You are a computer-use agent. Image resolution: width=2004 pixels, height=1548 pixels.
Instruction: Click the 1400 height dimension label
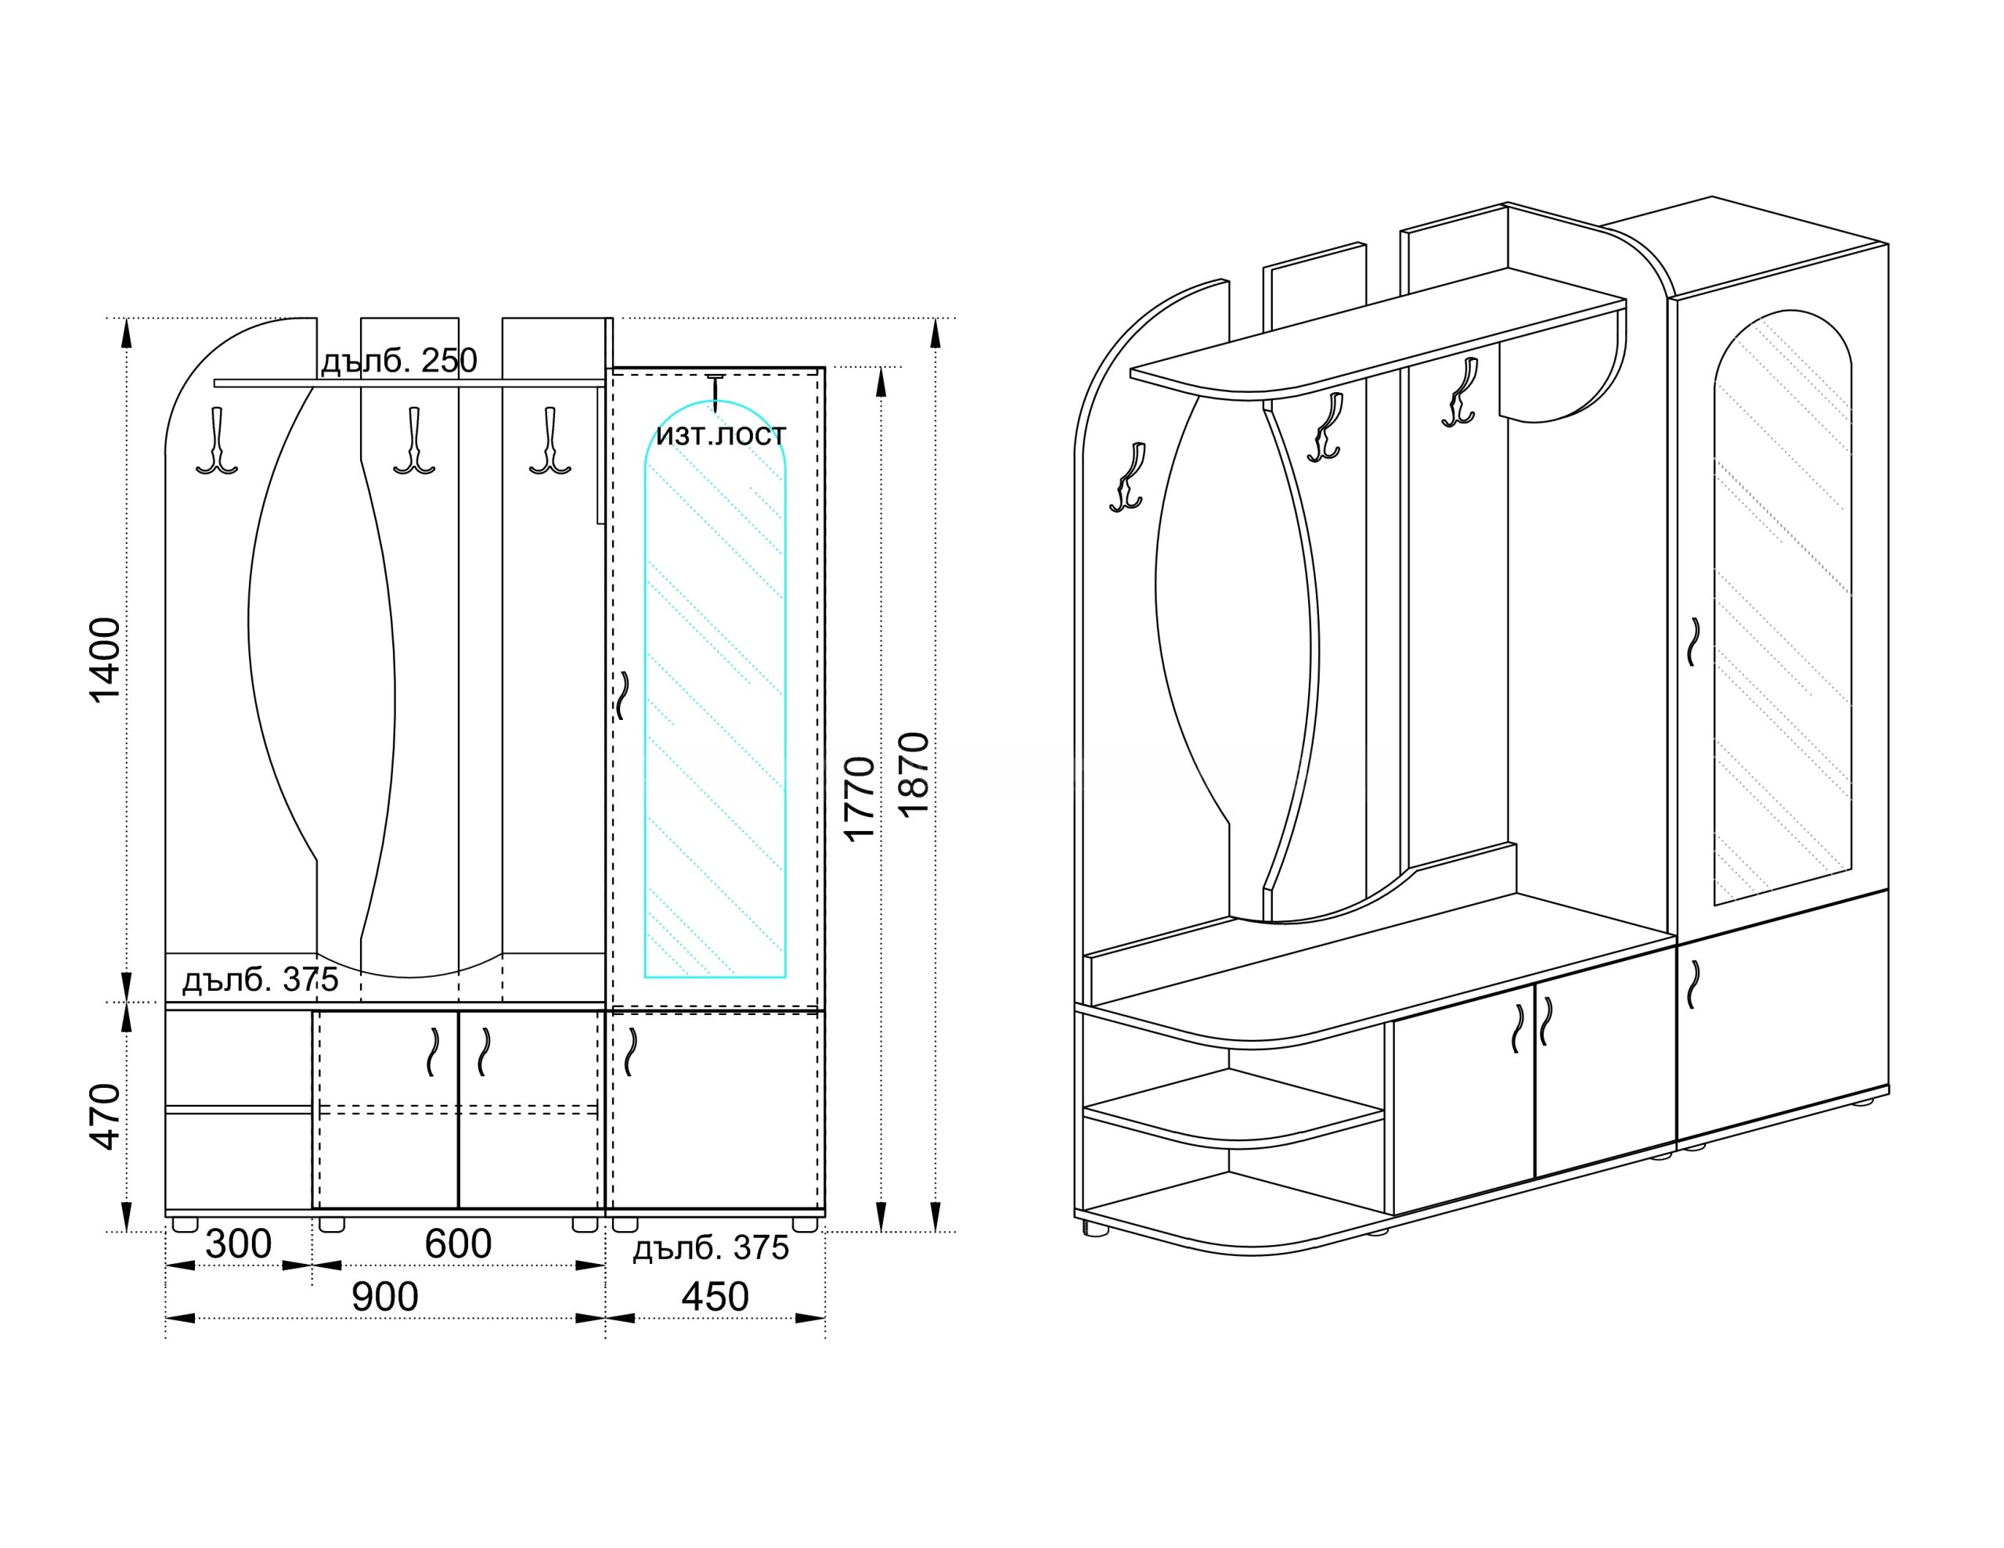[x=106, y=660]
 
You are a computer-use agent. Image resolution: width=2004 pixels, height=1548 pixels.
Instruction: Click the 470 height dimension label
[x=106, y=1117]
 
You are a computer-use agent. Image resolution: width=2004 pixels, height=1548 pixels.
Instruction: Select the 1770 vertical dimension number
[x=860, y=798]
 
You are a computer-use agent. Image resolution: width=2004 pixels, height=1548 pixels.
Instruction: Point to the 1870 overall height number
[x=914, y=773]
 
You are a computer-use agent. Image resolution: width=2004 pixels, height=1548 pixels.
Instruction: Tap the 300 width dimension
[x=239, y=1244]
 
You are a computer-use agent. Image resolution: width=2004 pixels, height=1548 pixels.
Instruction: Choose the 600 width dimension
[x=458, y=1244]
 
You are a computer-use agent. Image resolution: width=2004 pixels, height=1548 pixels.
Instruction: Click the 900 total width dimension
[x=385, y=1297]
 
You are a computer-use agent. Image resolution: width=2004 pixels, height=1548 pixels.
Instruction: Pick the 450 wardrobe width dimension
[x=715, y=1297]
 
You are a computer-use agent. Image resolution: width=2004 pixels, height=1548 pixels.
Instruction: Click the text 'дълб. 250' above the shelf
[x=399, y=361]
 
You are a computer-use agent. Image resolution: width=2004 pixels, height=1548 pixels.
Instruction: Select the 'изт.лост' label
[x=721, y=434]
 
